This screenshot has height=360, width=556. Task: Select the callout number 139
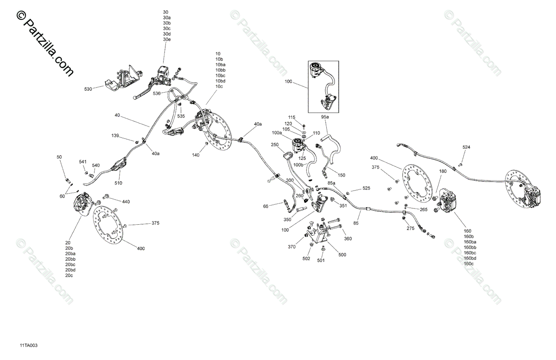pyautogui.click(x=115, y=136)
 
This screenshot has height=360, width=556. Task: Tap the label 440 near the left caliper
pyautogui.click(x=126, y=202)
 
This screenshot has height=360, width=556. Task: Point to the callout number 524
pyautogui.click(x=466, y=147)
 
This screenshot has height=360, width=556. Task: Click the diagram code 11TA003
pyautogui.click(x=28, y=345)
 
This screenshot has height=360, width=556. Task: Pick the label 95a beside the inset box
pyautogui.click(x=325, y=117)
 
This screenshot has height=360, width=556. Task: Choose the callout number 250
pyautogui.click(x=274, y=145)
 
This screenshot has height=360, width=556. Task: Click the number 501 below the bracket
pyautogui.click(x=321, y=260)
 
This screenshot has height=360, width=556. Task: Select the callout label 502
pyautogui.click(x=306, y=259)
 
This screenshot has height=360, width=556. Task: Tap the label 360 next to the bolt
pyautogui.click(x=348, y=238)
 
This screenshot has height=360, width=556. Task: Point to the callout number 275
pyautogui.click(x=411, y=228)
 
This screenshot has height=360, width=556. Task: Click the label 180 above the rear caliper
pyautogui.click(x=443, y=171)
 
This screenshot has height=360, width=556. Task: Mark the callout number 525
pyautogui.click(x=366, y=188)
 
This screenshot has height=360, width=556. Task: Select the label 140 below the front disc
pyautogui.click(x=196, y=155)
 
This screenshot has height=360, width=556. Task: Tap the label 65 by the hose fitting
pyautogui.click(x=266, y=206)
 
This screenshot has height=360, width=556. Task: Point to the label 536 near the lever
pyautogui.click(x=157, y=94)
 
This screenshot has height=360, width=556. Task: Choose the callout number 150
pyautogui.click(x=341, y=175)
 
